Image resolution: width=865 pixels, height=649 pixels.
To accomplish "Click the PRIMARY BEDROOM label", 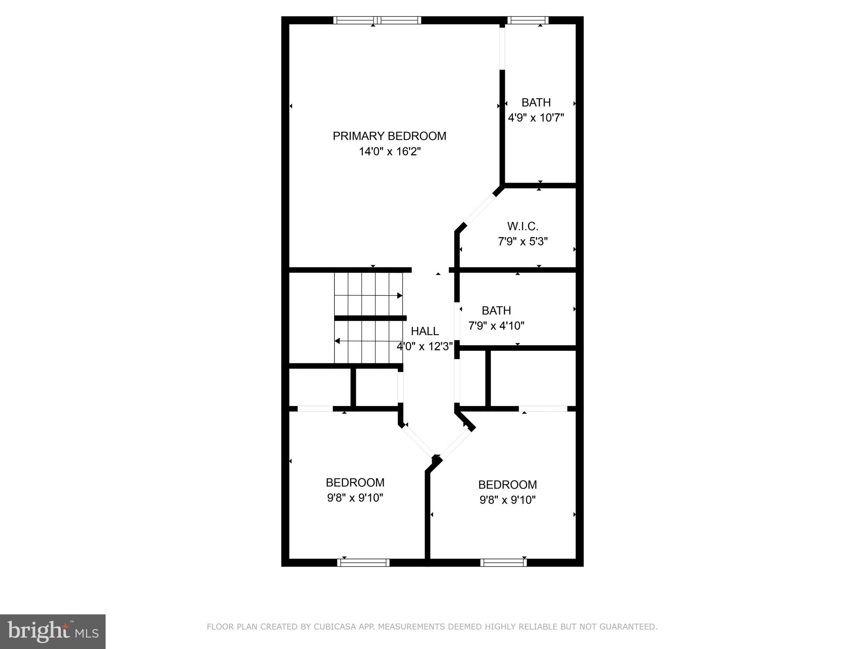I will point(389,136).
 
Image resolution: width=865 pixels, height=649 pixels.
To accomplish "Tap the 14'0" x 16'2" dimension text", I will point(389,151).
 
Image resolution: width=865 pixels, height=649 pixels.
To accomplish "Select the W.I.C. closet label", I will point(522,226).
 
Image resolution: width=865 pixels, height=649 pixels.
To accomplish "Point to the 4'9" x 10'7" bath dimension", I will point(536,118).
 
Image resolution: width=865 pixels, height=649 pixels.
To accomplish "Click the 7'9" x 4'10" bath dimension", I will point(496,326).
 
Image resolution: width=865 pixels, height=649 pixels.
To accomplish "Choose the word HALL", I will point(424,331).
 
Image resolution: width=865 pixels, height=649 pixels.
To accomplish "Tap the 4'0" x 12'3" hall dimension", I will point(424,346).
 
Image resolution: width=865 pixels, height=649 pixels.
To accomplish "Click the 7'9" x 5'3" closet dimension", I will point(522,242).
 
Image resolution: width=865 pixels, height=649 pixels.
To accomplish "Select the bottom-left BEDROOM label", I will point(355,483).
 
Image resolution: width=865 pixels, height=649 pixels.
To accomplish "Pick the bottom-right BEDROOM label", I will point(507,485).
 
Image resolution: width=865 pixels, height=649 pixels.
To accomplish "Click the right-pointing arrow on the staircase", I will point(399,295).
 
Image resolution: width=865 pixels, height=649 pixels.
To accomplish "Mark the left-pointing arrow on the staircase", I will point(337,341).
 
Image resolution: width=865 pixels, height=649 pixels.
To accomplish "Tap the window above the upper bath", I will point(527,20).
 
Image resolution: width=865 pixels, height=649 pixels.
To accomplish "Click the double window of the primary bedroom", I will point(377,20).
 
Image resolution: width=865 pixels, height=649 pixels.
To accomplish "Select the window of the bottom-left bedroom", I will point(363,562).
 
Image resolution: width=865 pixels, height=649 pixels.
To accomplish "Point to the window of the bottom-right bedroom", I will point(503,562).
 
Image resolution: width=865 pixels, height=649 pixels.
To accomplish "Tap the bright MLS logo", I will point(52,631).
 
